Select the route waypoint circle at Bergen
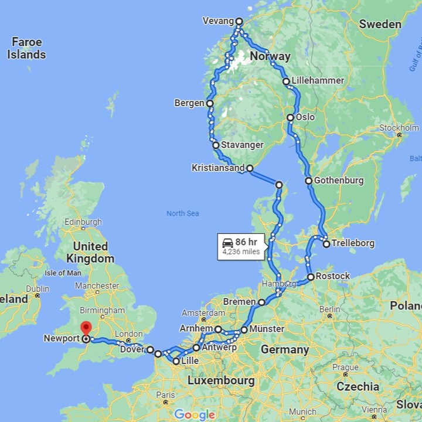[209, 103]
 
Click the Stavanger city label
[242, 145]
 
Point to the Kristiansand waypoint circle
[250, 168]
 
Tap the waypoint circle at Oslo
[290, 118]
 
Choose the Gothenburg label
[339, 181]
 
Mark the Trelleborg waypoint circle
[326, 243]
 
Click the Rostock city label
[332, 276]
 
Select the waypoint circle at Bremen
[261, 302]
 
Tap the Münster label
[267, 329]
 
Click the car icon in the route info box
[227, 243]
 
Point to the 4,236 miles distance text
[241, 252]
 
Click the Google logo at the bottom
[195, 414]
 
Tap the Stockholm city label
[399, 128]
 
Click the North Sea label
[182, 213]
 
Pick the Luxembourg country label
[221, 381]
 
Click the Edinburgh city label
[84, 222]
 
